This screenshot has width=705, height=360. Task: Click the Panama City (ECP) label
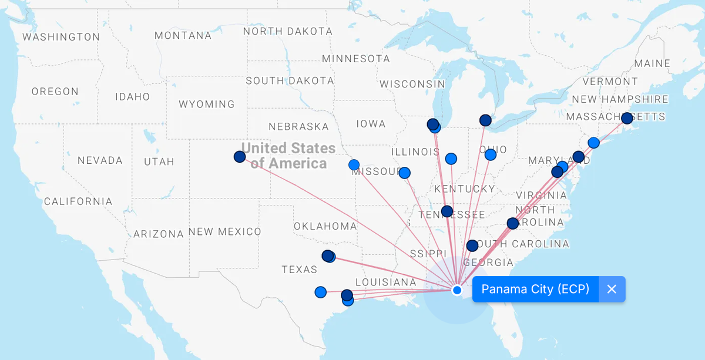[535, 289]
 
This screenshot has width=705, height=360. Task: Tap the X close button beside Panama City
[612, 289]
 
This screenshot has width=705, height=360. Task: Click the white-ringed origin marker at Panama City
[457, 290]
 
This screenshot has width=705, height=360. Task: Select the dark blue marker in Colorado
[239, 157]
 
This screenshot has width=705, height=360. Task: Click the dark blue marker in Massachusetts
[627, 118]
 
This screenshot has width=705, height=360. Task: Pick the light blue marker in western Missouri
[354, 165]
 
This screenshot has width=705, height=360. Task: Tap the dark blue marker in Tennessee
[446, 211]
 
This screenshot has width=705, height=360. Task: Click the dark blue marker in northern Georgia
[472, 245]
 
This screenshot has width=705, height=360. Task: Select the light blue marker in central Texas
[320, 292]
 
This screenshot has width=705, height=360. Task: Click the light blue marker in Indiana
[451, 159]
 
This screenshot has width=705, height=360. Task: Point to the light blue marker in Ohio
[490, 154]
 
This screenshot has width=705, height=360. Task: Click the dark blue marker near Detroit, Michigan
[485, 120]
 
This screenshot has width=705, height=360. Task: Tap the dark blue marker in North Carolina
[513, 223]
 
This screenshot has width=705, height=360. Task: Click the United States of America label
[288, 156]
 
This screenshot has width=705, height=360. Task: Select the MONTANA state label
[183, 36]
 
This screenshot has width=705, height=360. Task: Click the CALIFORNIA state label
[78, 201]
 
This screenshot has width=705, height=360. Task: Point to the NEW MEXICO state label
[225, 232]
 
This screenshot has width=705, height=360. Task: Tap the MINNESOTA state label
[356, 59]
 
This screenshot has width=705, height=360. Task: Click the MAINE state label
[652, 63]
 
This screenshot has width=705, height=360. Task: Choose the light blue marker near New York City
[593, 143]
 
